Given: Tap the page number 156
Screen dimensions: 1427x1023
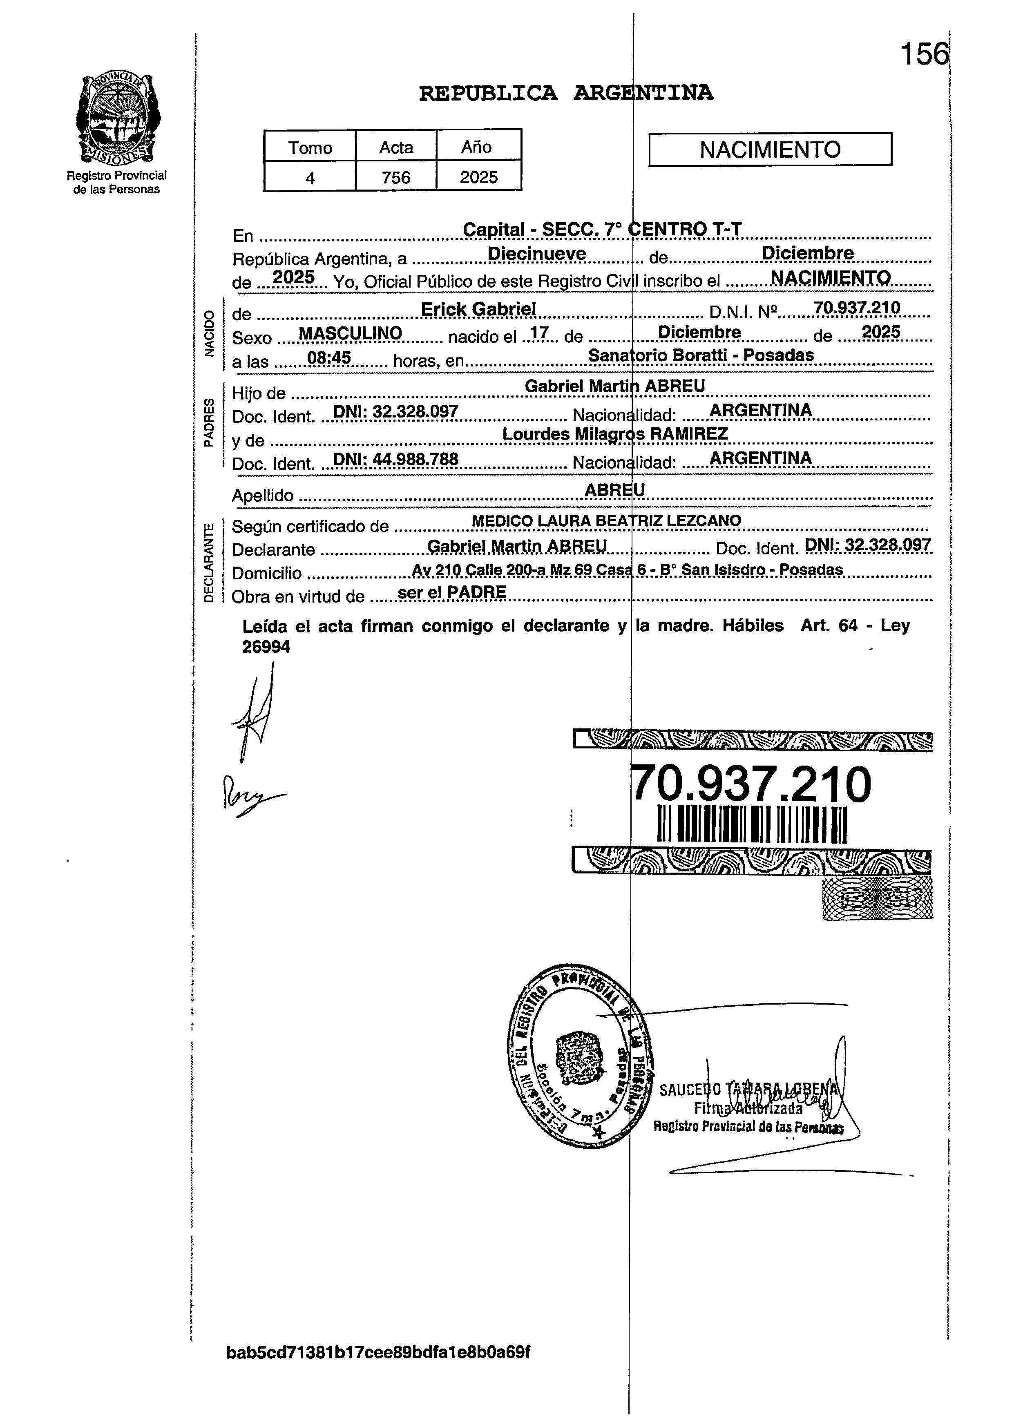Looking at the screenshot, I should [923, 54].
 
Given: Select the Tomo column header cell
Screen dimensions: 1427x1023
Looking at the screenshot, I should [310, 147].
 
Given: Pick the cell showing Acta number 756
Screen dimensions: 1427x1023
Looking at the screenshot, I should [396, 177].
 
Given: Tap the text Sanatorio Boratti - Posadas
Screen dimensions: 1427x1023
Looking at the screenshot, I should [701, 355].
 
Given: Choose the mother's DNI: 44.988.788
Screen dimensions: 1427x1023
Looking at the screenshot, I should [395, 459].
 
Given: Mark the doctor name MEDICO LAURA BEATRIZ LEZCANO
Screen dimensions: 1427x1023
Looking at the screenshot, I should [606, 520].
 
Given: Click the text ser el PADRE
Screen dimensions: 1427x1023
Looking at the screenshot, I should [452, 592].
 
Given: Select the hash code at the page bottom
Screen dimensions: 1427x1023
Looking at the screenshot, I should [378, 1351].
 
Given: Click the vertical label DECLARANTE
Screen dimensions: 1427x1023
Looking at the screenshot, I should [209, 562].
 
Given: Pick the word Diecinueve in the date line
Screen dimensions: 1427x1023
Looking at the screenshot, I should [537, 254].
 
